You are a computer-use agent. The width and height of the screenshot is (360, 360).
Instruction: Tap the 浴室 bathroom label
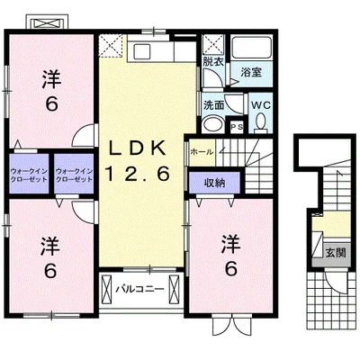point(251,72)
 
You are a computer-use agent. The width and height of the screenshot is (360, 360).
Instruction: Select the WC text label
point(261,105)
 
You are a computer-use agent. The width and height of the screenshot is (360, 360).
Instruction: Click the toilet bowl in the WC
point(261,122)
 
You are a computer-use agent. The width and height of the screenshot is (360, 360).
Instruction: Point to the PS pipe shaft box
point(237,126)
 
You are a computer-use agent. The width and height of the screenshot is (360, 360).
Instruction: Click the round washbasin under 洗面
point(212,124)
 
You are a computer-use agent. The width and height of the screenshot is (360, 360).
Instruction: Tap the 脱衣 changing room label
point(213,62)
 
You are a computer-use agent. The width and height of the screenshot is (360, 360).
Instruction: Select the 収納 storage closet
point(214,183)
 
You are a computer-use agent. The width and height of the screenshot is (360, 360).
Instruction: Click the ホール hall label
point(202,152)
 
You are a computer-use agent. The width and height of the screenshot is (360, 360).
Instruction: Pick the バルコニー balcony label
point(140,289)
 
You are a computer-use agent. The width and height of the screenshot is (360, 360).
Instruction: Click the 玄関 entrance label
point(336,253)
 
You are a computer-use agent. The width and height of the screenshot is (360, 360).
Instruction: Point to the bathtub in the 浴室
point(251,48)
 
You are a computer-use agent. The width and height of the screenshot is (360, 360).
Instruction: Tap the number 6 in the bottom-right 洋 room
point(231,268)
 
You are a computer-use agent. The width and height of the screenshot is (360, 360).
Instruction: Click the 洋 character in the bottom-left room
point(49,245)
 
